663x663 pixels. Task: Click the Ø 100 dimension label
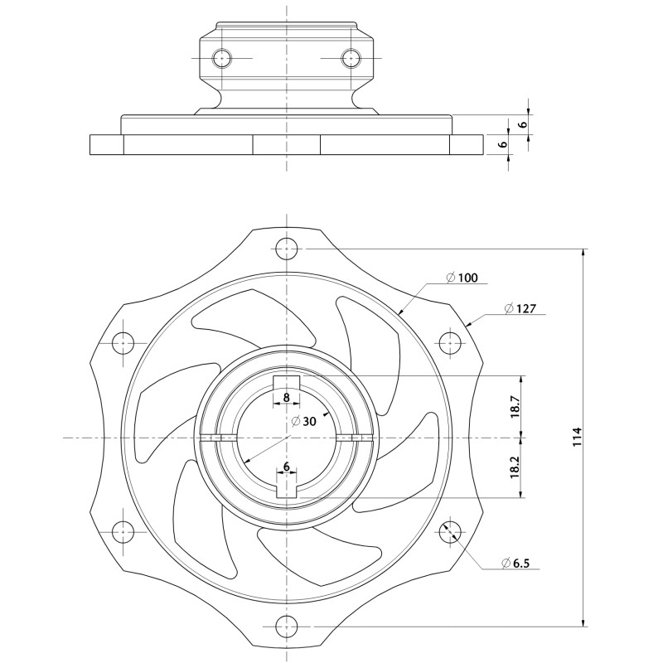(462, 278)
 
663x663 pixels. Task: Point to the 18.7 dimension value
(515, 406)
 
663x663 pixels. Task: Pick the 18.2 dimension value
(515, 467)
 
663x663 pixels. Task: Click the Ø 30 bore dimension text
(304, 421)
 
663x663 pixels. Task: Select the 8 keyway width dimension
(286, 398)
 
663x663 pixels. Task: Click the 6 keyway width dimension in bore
(286, 467)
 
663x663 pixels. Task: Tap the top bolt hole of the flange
(286, 248)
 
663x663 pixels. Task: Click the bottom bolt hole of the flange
(286, 626)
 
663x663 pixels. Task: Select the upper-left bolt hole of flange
(123, 341)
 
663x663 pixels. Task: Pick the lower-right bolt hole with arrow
(450, 531)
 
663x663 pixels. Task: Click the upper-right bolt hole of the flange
(450, 341)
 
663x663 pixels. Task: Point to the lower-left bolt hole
(123, 531)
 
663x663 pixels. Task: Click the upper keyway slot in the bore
(286, 382)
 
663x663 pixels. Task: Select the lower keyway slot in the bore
(286, 486)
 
